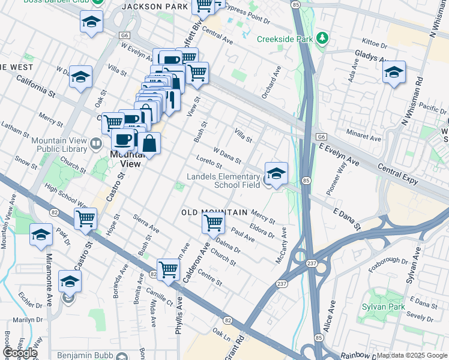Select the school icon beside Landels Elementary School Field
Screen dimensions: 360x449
276,173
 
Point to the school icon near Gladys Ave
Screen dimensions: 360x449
393,73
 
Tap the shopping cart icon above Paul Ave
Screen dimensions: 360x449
214,223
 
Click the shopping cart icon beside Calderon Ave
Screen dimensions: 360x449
168,270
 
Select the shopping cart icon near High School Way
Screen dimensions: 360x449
85,220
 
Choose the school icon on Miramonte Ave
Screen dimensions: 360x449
70,281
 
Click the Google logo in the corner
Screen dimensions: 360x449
20,353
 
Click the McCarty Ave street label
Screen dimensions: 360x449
281,239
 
